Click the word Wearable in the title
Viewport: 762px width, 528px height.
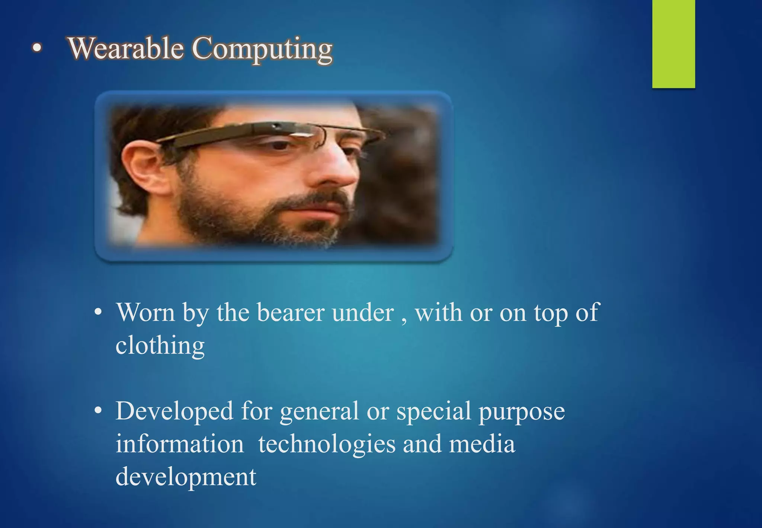(x=126, y=48)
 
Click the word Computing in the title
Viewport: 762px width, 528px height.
(x=262, y=49)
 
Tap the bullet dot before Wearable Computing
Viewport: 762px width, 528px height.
(x=36, y=48)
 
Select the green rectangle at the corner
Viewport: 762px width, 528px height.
(x=673, y=44)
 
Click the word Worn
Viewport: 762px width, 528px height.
(x=145, y=312)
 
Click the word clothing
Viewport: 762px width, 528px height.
(x=160, y=346)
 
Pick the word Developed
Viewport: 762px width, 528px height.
(x=174, y=411)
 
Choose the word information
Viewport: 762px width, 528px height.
(x=180, y=444)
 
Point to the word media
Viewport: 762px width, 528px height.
(x=482, y=444)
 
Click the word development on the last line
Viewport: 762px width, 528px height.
(x=186, y=477)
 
